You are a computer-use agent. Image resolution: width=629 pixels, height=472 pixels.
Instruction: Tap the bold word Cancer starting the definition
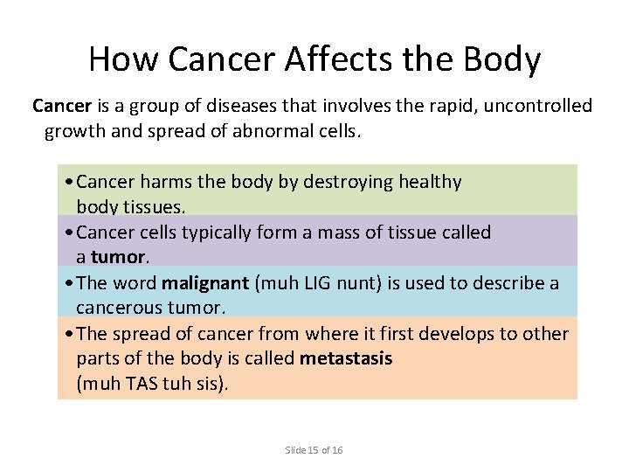[62, 106]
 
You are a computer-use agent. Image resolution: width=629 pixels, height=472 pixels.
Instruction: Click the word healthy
[430, 182]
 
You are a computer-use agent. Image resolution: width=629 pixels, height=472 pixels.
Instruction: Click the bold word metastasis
[346, 358]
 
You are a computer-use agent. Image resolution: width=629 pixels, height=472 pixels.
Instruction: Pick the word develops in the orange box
[455, 334]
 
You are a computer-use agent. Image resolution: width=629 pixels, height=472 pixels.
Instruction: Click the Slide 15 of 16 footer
[314, 450]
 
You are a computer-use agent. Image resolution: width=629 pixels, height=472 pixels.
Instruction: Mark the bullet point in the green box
[69, 183]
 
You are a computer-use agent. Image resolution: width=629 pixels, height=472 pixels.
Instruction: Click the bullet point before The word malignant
[69, 284]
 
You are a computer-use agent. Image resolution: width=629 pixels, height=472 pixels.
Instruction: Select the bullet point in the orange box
[69, 335]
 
